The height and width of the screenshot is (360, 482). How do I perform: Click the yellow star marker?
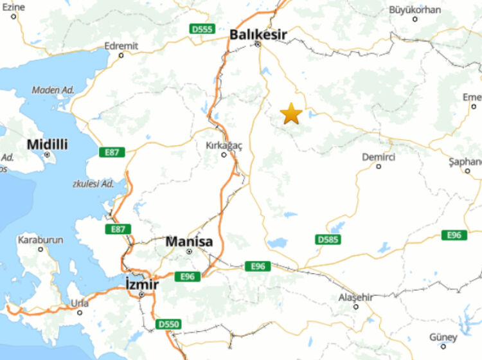291,114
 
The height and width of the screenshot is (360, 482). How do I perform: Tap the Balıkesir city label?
258,33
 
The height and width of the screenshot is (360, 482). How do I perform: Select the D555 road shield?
202,29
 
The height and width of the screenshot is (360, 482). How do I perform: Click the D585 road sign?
328,239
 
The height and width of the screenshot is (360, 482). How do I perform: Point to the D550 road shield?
168,325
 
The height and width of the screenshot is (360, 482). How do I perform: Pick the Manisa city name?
189,242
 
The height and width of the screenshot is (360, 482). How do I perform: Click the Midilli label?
47,145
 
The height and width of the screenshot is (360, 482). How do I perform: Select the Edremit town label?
121,46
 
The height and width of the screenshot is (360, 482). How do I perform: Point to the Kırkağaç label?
224,145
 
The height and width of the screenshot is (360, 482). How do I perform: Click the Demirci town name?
378,157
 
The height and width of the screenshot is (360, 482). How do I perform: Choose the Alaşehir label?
355,297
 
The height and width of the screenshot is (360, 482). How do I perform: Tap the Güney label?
443,337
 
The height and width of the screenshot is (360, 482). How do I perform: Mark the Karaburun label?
40,240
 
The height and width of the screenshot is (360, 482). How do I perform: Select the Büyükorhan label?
415,10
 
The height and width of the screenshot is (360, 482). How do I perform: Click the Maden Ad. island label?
53,90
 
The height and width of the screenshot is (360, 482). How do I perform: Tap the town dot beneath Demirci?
379,166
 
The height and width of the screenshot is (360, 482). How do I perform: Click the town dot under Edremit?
121,55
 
